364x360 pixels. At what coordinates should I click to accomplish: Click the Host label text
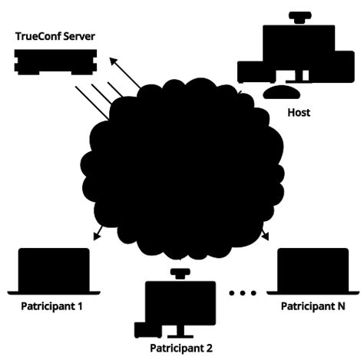(299, 113)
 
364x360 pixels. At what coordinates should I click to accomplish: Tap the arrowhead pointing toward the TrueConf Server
(111, 59)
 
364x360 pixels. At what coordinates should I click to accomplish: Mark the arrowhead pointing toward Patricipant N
(265, 237)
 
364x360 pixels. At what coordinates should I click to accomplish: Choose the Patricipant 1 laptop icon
(53, 272)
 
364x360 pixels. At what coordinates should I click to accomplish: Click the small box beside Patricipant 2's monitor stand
(144, 329)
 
